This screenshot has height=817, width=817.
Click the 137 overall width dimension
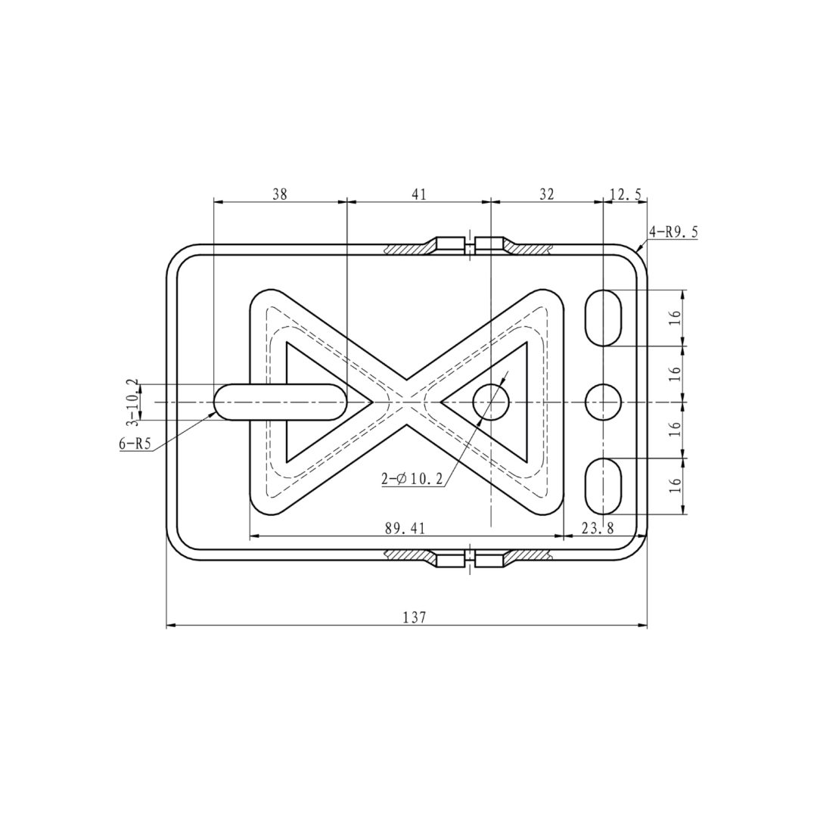[415, 617]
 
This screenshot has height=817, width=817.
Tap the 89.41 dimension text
[405, 529]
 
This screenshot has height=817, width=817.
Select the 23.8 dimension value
[598, 529]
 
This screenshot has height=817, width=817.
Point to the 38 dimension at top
[280, 194]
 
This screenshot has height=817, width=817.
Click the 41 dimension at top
[419, 194]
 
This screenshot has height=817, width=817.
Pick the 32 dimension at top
[547, 194]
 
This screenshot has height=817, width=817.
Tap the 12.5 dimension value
[626, 194]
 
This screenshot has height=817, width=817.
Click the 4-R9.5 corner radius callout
[673, 232]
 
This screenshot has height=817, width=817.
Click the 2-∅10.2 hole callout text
[412, 479]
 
